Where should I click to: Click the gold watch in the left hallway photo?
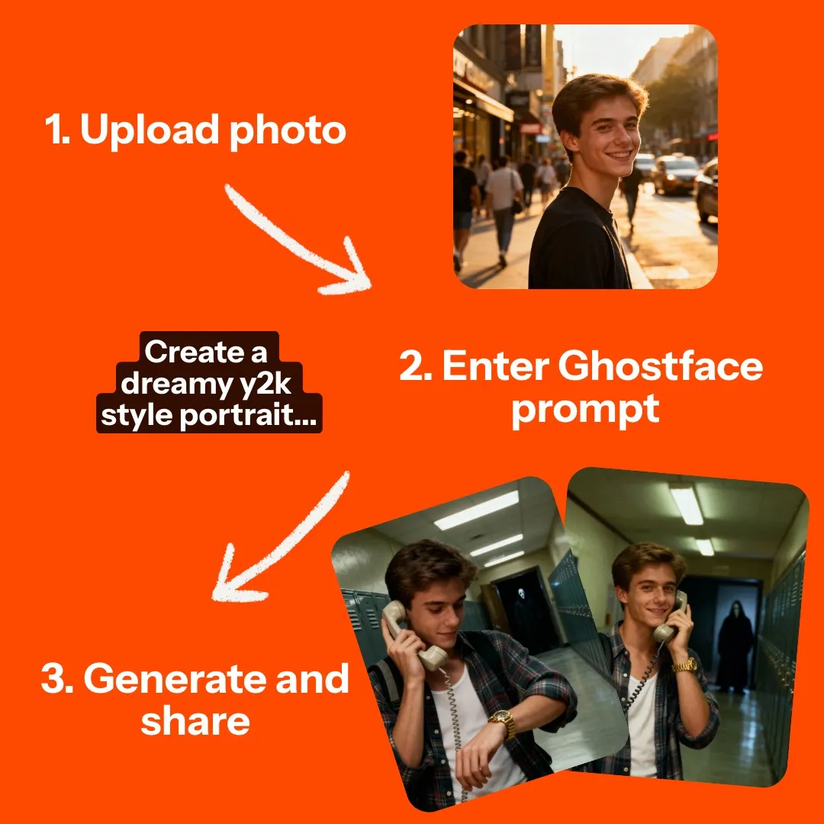[501, 723]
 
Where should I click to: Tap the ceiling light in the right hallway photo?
[687, 505]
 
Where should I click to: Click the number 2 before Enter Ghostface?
[414, 366]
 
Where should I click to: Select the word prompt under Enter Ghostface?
[584, 410]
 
